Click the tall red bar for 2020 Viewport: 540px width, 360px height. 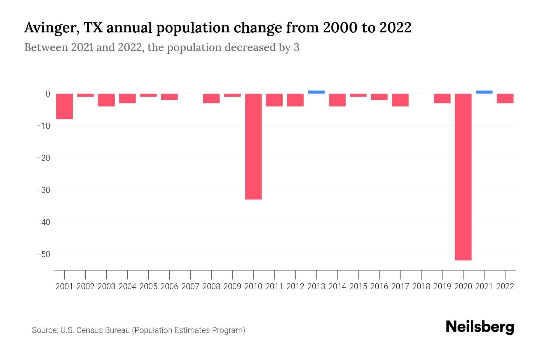(x=463, y=177)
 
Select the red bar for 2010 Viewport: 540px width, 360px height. (x=253, y=146)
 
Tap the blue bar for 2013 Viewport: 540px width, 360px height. (x=316, y=92)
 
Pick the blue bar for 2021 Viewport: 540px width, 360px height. (x=484, y=92)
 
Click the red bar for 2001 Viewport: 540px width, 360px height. (x=64, y=106)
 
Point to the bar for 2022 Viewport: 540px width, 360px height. (x=505, y=98)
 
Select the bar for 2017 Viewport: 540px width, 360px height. (x=400, y=100)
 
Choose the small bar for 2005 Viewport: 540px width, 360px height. (x=148, y=95)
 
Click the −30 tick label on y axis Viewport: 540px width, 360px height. (x=43, y=190)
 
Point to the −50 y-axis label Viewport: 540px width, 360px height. (x=43, y=254)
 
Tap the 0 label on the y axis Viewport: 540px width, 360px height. (x=48, y=94)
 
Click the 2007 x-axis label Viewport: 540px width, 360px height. (x=190, y=286)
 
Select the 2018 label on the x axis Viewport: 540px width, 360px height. (x=421, y=286)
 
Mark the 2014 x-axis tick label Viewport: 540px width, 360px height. (x=337, y=286)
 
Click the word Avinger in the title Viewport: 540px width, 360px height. (x=49, y=28)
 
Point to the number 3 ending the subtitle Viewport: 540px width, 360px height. (x=296, y=48)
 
